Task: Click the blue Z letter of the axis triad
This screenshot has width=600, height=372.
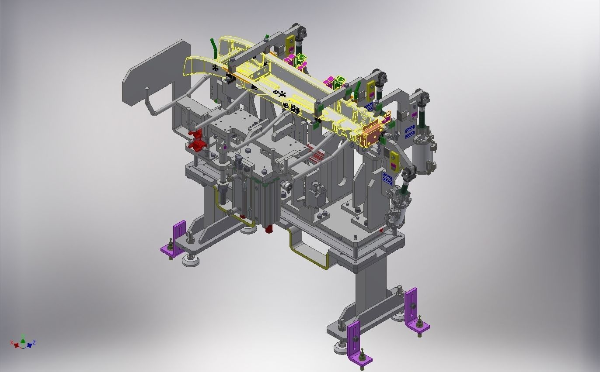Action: [x=34, y=342]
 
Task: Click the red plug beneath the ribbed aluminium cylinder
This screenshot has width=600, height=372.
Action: [x=269, y=228]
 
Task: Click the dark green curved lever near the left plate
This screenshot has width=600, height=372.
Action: [x=213, y=47]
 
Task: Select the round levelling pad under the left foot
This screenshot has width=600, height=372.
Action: [x=190, y=260]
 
